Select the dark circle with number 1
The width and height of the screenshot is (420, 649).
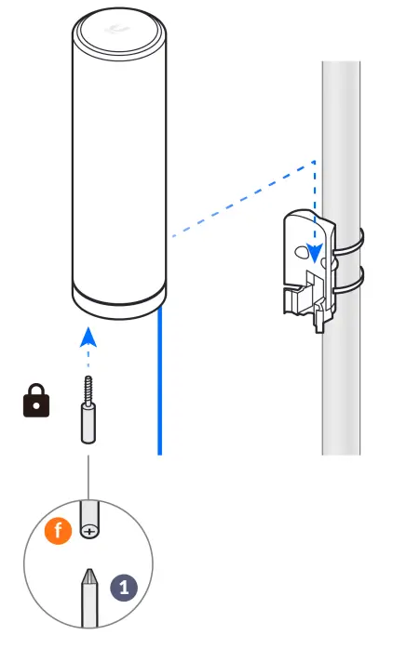pyautogui.click(x=124, y=587)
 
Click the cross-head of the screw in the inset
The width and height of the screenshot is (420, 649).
pyautogui.click(x=89, y=531)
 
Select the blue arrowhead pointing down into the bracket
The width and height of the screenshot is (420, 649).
pyautogui.click(x=318, y=252)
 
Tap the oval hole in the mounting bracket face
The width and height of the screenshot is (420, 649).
pyautogui.click(x=300, y=251)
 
